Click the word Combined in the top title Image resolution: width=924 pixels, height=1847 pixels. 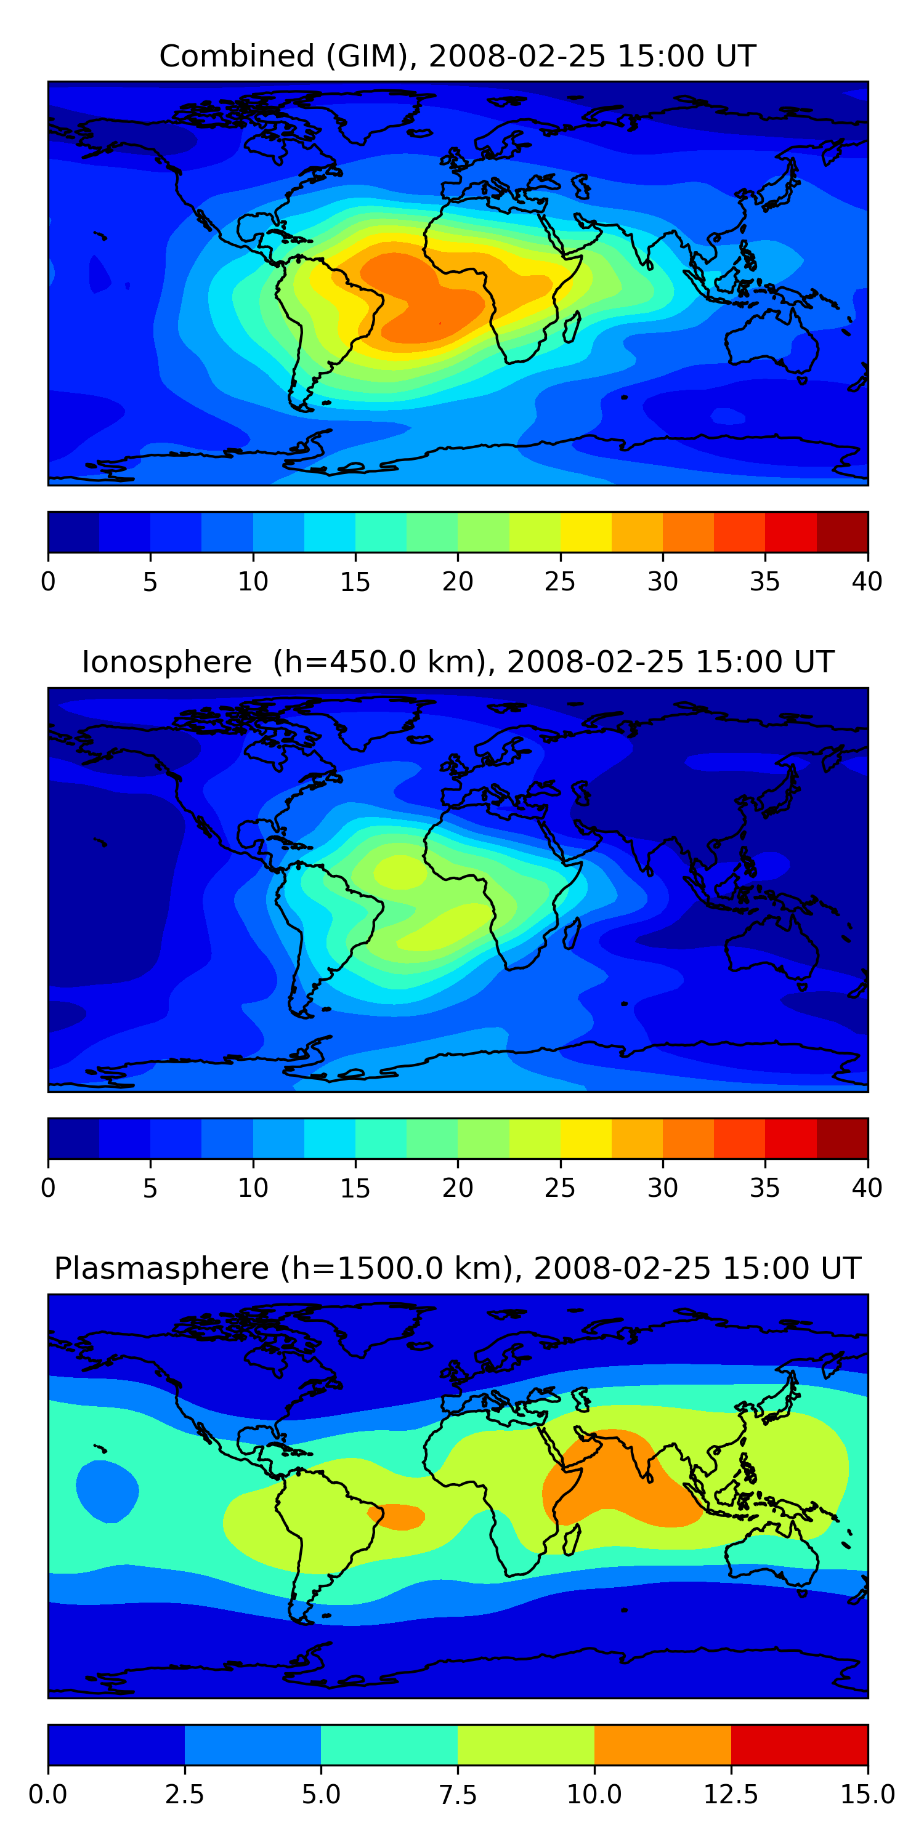point(237,56)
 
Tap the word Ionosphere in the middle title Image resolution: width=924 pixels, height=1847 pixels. point(167,662)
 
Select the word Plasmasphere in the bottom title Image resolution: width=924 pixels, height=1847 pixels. point(161,1268)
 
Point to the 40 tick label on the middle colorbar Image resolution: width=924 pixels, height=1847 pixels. point(867,1188)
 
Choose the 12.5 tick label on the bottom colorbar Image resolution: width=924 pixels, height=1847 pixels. point(731,1795)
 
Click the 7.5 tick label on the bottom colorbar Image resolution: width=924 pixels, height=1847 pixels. point(458,1795)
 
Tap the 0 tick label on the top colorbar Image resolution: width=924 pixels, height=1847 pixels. point(48,581)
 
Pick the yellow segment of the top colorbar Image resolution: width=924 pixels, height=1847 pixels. point(586,532)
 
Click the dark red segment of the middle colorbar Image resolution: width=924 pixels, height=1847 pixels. point(842,1138)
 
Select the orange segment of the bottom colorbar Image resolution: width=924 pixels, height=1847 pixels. point(663,1744)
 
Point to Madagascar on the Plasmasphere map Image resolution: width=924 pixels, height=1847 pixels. point(571,1539)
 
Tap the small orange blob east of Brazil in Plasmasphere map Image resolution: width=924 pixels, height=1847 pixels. point(396,1517)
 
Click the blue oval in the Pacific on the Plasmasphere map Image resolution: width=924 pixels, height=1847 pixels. point(107,1491)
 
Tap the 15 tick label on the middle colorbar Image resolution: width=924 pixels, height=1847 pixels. point(355,1188)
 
